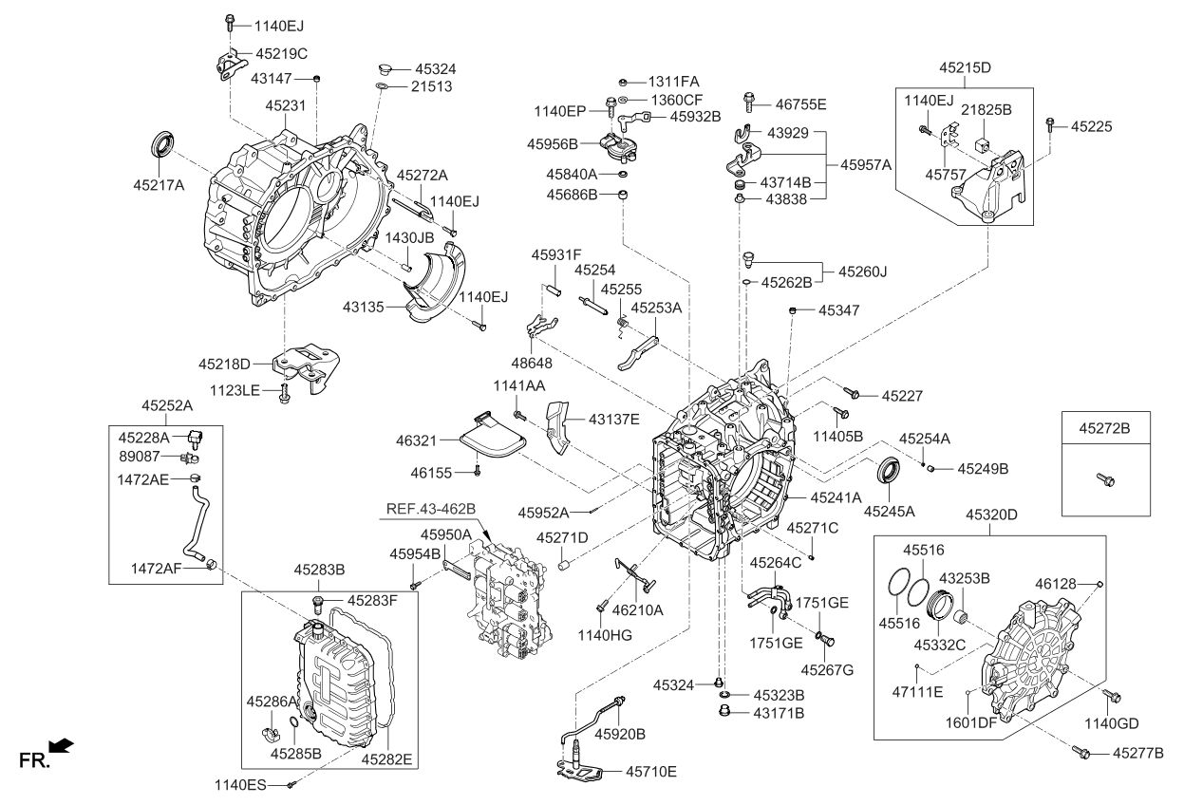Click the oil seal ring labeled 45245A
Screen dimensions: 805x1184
point(890,472)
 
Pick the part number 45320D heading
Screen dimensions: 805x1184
point(991,515)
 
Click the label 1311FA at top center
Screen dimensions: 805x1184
point(674,82)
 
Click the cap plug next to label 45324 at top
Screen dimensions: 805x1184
point(385,69)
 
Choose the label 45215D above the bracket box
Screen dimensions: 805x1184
point(965,68)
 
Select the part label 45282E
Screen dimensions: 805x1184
point(385,758)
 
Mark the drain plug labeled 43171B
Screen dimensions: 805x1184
point(721,711)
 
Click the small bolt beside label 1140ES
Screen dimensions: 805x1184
point(293,784)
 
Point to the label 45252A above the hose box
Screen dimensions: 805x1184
point(167,404)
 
